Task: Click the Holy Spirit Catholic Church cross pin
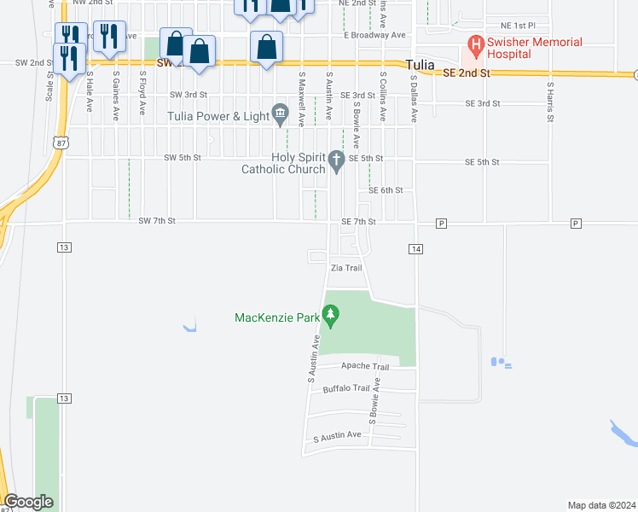[x=337, y=160]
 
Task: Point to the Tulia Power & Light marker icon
[x=280, y=113]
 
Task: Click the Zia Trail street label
[x=346, y=268]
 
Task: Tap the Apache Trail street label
[x=364, y=366]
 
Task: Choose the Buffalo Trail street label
[x=345, y=389]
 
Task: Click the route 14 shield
[x=415, y=248]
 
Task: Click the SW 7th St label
[x=157, y=221]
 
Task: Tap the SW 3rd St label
[x=188, y=95]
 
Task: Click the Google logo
[x=27, y=502]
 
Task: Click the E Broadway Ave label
[x=374, y=35]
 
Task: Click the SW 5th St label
[x=183, y=158]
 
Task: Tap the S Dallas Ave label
[x=413, y=98]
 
